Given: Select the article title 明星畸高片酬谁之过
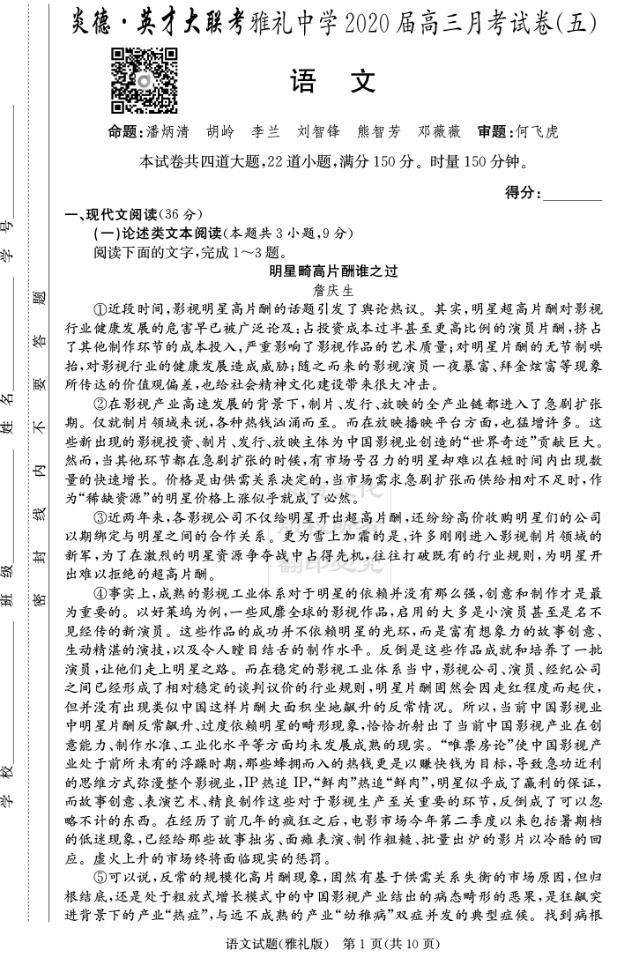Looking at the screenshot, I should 332,272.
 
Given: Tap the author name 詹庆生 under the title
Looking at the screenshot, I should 332,290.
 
